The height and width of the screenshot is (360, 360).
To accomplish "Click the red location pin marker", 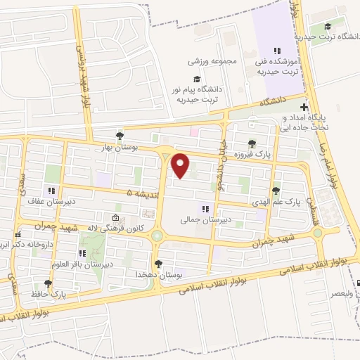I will point(181,166).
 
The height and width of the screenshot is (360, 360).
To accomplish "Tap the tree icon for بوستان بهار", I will point(119,136).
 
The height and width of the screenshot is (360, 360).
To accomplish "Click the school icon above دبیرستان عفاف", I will point(51,191).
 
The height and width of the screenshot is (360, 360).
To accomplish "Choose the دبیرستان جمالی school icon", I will point(206,208).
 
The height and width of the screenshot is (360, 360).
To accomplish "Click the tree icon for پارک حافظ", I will point(48,284).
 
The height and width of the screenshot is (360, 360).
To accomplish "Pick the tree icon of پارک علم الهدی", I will point(276,191).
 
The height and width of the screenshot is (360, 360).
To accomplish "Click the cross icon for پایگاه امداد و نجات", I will point(304,108).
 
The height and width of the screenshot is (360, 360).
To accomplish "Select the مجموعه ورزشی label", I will point(211,60).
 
